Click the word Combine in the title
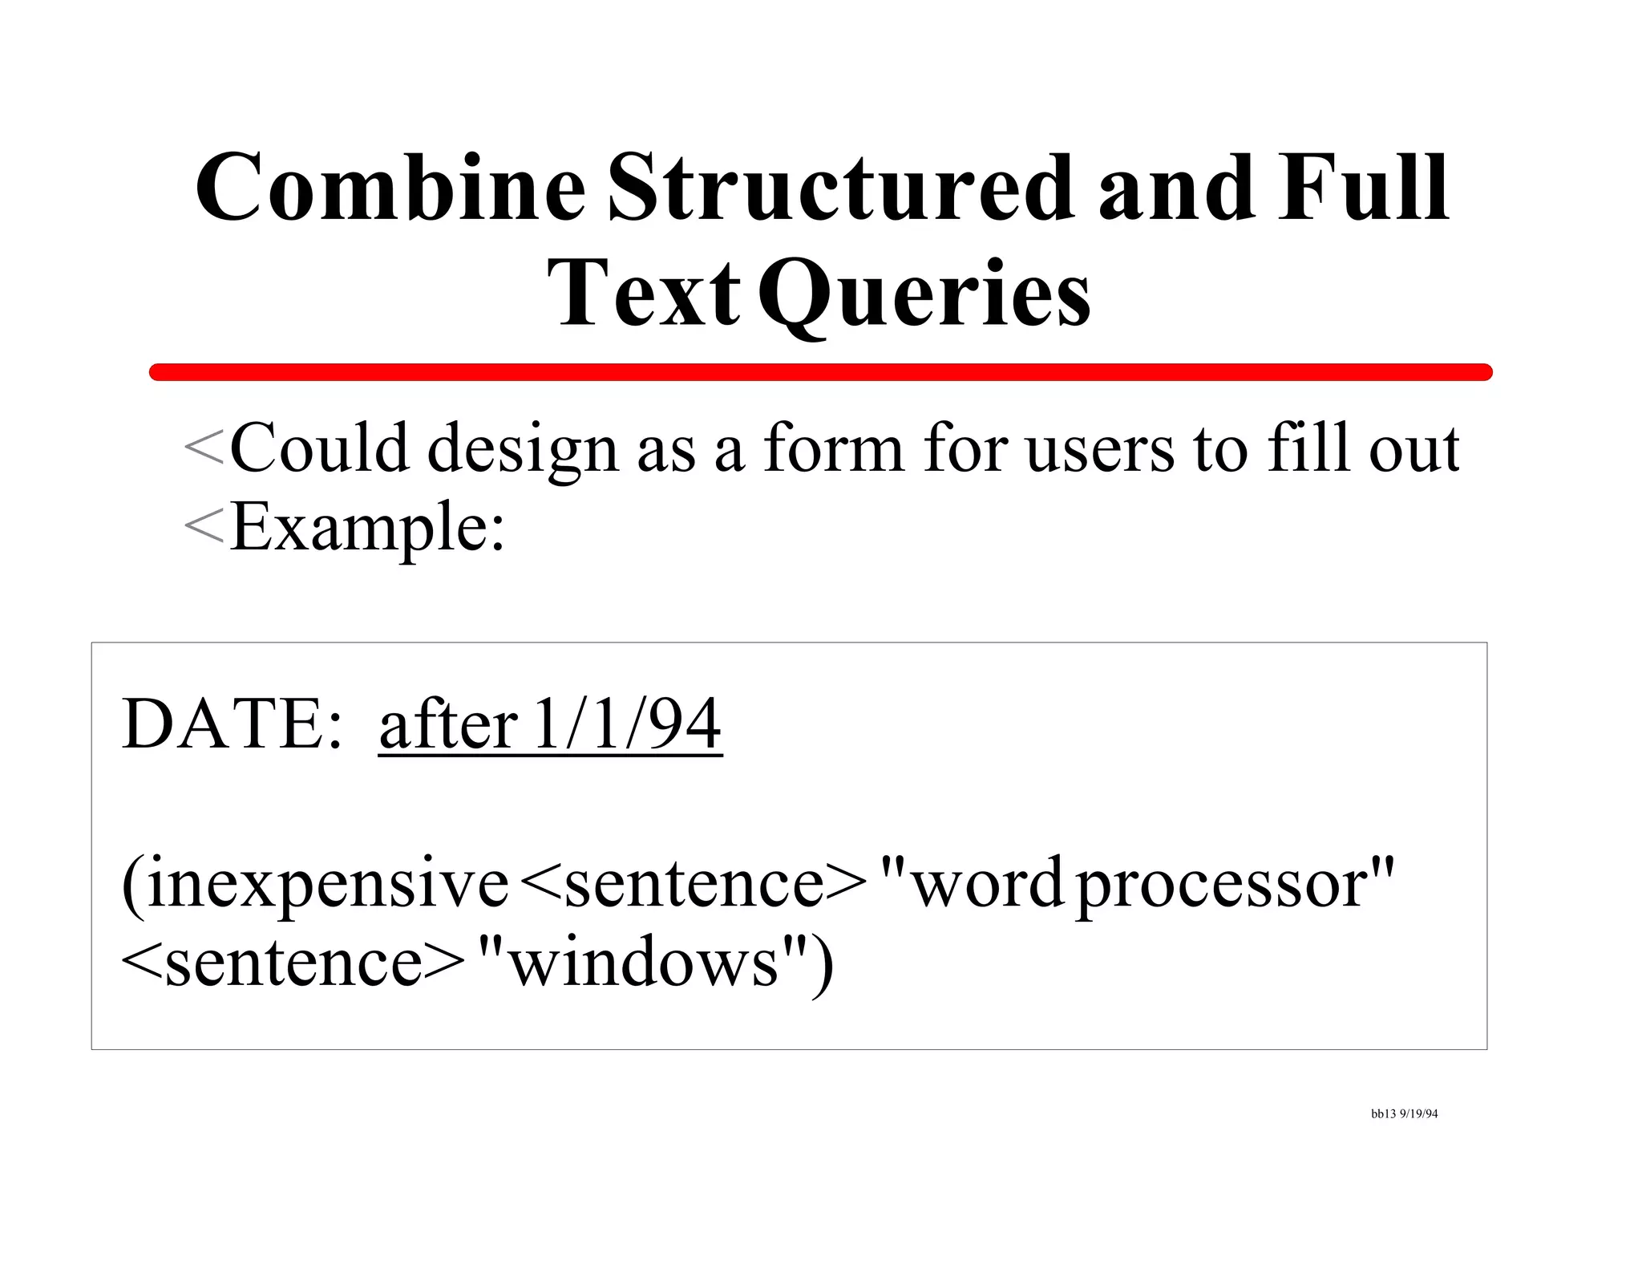(x=390, y=189)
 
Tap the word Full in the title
(x=1363, y=189)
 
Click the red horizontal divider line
(x=819, y=372)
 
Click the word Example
(x=368, y=528)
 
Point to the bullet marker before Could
(x=203, y=448)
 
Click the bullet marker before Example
(x=203, y=527)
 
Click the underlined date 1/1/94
(x=628, y=724)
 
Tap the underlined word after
(x=447, y=724)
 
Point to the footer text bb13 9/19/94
(x=1404, y=1114)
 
